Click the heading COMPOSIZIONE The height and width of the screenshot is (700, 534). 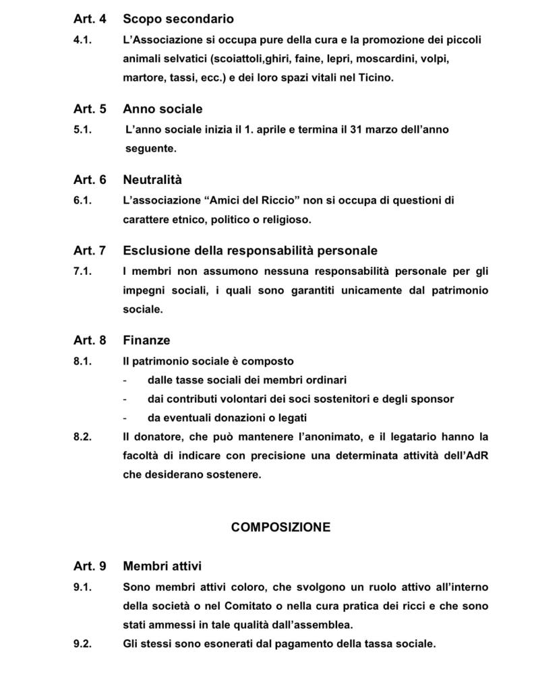[x=280, y=528]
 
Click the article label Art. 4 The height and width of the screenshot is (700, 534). [x=90, y=19]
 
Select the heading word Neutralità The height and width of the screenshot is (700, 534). [x=152, y=180]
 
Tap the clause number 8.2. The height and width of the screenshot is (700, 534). [x=82, y=437]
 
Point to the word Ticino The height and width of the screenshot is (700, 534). [x=374, y=77]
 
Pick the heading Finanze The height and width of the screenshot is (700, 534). [x=146, y=340]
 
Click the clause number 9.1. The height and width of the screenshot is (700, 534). [x=82, y=587]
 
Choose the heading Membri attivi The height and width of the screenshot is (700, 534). [x=162, y=567]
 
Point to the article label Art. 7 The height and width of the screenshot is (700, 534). [x=90, y=251]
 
